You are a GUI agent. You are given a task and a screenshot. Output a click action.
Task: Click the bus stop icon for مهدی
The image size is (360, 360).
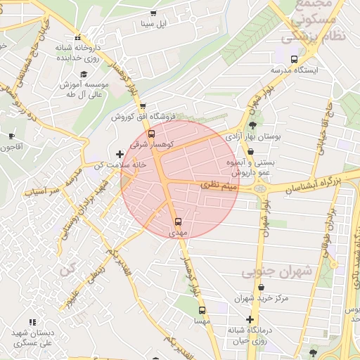point(177,220)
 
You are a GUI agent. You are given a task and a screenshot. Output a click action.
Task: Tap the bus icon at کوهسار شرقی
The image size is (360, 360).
point(152,134)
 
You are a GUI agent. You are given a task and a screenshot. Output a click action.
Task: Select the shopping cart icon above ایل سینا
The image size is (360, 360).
point(154,14)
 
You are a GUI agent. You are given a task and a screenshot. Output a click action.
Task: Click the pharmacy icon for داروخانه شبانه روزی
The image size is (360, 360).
point(78,38)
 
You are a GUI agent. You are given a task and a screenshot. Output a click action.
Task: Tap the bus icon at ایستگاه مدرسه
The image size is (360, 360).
point(294,60)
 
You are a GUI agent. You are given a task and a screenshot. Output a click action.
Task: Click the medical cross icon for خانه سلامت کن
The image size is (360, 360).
point(120,154)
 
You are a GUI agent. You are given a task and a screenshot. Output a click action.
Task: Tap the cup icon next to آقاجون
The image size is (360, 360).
point(11,136)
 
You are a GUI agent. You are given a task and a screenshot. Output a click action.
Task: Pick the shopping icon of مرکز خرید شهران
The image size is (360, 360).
point(262,288)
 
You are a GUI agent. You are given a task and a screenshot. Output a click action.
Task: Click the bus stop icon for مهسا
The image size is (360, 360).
point(202,310)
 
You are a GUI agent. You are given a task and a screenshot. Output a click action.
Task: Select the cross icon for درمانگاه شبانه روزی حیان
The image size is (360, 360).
point(250,319)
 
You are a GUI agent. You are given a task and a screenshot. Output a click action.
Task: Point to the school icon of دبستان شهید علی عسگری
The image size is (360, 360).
point(32,322)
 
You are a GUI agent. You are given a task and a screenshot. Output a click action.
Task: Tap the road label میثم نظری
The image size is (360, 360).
point(220,185)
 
